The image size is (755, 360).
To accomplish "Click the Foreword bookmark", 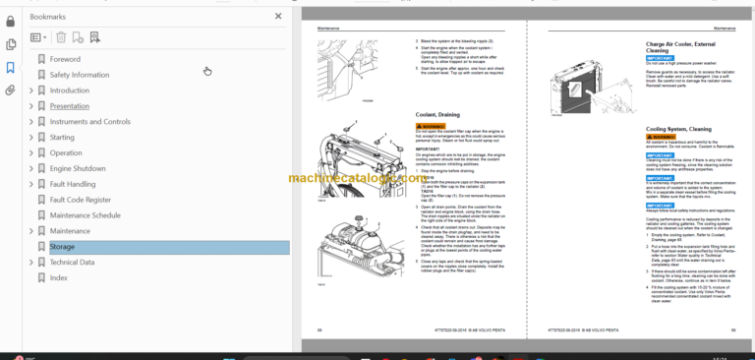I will [x=65, y=59].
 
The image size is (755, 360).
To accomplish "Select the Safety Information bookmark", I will [x=79, y=75].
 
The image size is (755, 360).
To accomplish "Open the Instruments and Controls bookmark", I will [x=89, y=122].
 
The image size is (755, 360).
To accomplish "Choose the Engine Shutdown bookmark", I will [x=78, y=168].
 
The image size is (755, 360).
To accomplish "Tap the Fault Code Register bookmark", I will [x=81, y=200].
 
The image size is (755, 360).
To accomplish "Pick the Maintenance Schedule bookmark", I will [x=85, y=215].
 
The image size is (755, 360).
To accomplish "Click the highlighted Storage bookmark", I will [x=62, y=247].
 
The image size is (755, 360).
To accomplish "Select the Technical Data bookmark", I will [x=72, y=263].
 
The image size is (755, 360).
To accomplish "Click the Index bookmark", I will [x=59, y=278].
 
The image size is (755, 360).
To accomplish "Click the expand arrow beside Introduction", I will [x=30, y=90].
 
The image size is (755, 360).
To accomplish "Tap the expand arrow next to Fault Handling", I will [x=30, y=184].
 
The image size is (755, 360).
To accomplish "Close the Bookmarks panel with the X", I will [x=278, y=17].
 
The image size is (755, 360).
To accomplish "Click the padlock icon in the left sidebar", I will [x=11, y=20].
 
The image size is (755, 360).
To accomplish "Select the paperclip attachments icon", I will [x=11, y=90].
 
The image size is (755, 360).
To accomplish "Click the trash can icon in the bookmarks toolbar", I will [x=61, y=37].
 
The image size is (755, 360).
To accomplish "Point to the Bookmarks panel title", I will [x=49, y=17].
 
